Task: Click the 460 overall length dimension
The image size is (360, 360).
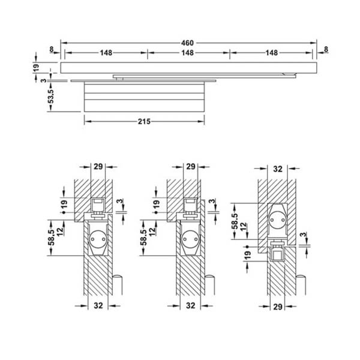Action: (x=187, y=43)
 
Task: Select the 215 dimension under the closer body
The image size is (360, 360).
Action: (x=144, y=121)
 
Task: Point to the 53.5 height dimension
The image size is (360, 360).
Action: (x=51, y=97)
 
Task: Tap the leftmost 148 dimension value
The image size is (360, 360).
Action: (x=106, y=53)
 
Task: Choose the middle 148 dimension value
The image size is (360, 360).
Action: (x=188, y=53)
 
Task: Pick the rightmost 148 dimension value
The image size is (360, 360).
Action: (x=272, y=53)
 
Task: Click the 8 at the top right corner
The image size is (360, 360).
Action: (x=326, y=49)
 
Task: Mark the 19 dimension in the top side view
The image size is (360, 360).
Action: (x=36, y=68)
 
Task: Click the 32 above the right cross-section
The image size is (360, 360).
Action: (x=278, y=169)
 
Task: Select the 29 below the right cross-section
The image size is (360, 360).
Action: (x=278, y=307)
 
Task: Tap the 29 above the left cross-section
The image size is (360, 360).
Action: (x=98, y=166)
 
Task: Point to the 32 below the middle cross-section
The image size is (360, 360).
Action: (x=190, y=305)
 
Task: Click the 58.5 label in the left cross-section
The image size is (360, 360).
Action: (x=52, y=238)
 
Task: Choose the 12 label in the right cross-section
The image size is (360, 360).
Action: (x=244, y=226)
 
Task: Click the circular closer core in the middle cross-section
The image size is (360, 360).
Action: (x=190, y=239)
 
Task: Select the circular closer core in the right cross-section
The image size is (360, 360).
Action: (x=277, y=220)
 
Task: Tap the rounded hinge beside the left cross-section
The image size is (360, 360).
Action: (x=118, y=284)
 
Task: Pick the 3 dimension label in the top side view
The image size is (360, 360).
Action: (x=43, y=81)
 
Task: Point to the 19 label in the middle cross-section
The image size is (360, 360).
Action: (x=156, y=204)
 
